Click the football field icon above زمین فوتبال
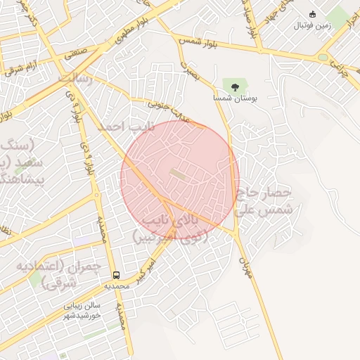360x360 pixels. pyautogui.click(x=313, y=14)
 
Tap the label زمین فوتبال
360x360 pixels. pyautogui.click(x=313, y=25)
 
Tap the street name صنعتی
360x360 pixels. pyautogui.click(x=76, y=52)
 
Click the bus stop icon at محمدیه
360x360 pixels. pyautogui.click(x=115, y=275)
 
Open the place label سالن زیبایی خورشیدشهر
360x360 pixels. pyautogui.click(x=83, y=310)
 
